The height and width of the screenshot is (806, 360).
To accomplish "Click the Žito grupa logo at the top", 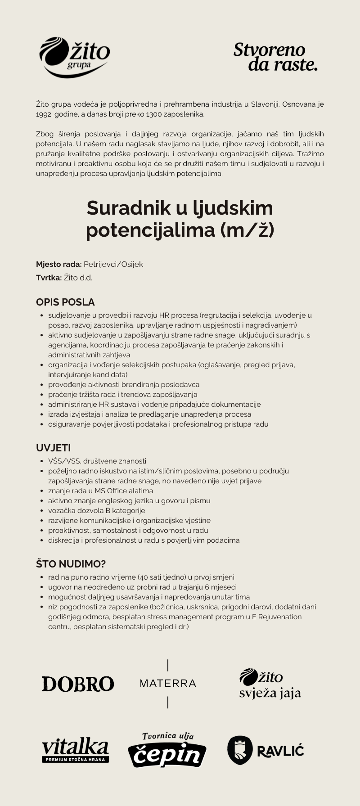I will coord(75,57).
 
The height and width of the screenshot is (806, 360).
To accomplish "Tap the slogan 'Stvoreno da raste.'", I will coord(275,57).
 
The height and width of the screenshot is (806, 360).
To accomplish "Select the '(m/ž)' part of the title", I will coord(247,230).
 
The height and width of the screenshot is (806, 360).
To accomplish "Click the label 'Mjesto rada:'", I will coord(58,264).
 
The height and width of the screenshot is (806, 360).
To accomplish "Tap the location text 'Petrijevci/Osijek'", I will coord(113,264).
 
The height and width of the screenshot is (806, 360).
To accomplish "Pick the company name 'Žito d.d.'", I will coord(78,278).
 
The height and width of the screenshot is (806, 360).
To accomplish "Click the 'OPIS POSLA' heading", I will coord(65,302).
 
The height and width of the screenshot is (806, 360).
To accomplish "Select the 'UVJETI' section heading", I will coord(53,448).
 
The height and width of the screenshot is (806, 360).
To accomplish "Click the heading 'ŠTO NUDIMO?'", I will coord(71,564).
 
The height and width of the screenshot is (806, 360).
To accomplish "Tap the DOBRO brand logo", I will coord(78,684).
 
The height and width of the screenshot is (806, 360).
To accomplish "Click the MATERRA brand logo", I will coord(168,683).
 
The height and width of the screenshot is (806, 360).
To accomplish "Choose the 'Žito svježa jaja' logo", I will coord(270,684).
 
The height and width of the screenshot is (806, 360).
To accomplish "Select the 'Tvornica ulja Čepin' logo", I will coord(167,750).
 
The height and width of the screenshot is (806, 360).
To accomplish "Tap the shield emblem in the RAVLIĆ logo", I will coord(240,750).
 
